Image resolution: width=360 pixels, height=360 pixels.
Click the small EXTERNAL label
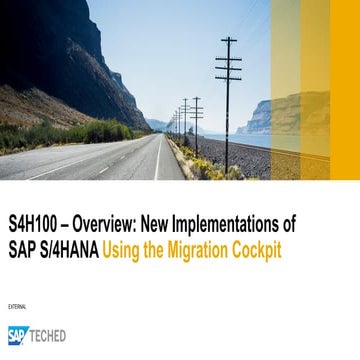pyautogui.click(x=17, y=306)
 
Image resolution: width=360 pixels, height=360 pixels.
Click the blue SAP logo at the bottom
pyautogui.click(x=18, y=335)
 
